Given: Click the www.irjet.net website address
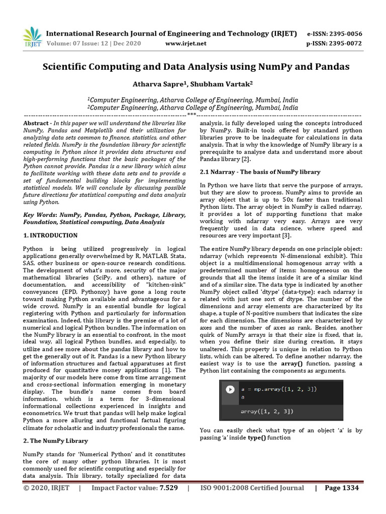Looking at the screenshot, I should (x=185, y=43).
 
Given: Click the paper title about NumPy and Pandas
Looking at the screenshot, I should (x=196, y=66).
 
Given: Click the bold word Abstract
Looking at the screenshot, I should (x=37, y=123).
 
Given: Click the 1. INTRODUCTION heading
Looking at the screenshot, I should (x=50, y=235).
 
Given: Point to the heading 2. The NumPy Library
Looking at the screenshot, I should (x=55, y=441).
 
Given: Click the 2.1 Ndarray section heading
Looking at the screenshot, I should (x=260, y=172).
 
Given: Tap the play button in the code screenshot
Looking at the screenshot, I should (x=230, y=389).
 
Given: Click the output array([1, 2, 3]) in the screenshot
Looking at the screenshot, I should (x=267, y=411).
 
